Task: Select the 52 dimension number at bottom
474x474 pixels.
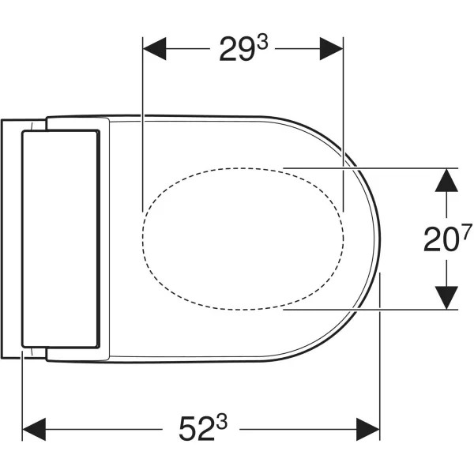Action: pyautogui.click(x=196, y=429)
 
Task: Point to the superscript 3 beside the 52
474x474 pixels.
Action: pyautogui.click(x=220, y=423)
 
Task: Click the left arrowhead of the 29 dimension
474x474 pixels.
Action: pyautogui.click(x=154, y=49)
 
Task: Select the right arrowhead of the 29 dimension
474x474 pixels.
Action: pyautogui.click(x=331, y=49)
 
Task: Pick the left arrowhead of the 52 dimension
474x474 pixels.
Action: pyautogui.click(x=34, y=429)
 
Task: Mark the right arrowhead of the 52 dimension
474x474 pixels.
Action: pyautogui.click(x=368, y=429)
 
